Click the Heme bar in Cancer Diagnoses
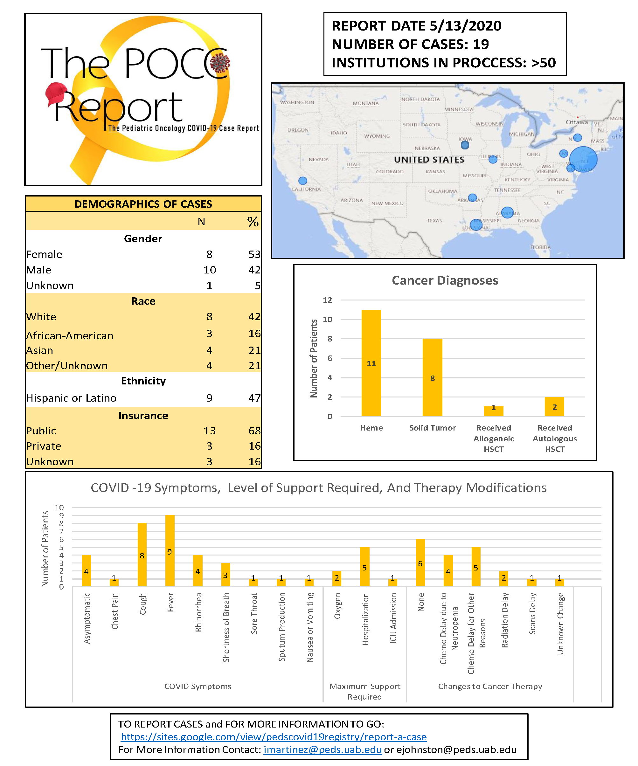click(x=371, y=362)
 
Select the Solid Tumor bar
click(x=432, y=377)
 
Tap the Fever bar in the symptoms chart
click(x=170, y=550)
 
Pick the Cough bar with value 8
click(x=142, y=555)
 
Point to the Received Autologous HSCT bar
click(x=554, y=406)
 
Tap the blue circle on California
click(x=302, y=181)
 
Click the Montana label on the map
click(x=365, y=104)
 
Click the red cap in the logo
click(x=56, y=94)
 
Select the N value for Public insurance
click(x=209, y=431)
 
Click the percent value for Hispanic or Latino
click(x=254, y=398)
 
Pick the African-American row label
click(x=70, y=335)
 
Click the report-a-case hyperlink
click(x=274, y=737)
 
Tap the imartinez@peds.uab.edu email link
click(x=322, y=749)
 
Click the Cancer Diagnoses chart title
click(x=445, y=280)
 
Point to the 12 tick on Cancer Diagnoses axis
click(x=327, y=300)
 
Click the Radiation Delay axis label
click(x=504, y=620)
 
